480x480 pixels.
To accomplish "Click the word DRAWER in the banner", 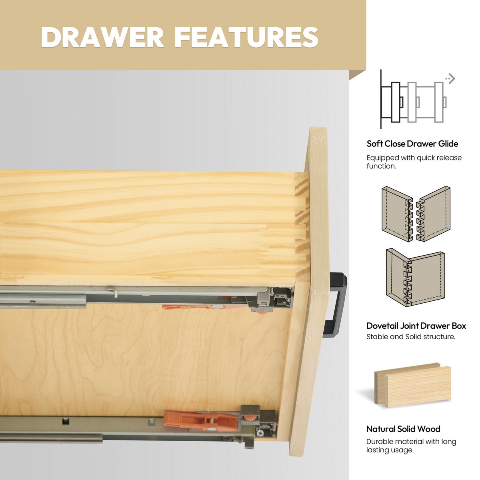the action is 102,37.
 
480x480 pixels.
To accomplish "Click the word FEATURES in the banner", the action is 246,37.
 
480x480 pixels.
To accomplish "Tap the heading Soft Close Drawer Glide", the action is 412,144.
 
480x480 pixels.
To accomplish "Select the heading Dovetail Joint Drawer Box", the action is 416,326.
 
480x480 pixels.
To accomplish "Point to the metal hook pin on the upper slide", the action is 112,292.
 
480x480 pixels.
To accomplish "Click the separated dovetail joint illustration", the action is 416,214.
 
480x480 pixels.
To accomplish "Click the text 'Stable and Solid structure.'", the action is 411,337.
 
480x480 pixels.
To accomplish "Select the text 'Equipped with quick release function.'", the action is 414,162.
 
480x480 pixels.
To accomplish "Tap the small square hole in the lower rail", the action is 65,421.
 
